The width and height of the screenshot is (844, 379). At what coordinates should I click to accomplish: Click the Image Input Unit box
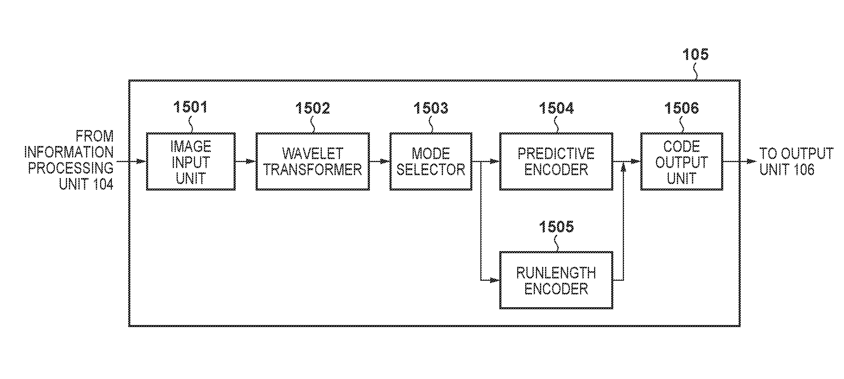(x=191, y=161)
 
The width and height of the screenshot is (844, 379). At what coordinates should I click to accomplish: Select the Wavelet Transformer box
(x=313, y=161)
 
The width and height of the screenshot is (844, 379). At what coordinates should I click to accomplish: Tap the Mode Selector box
(x=430, y=161)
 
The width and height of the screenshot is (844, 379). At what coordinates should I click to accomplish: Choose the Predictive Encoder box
(x=556, y=161)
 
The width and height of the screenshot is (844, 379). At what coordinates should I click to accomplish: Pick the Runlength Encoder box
(x=556, y=280)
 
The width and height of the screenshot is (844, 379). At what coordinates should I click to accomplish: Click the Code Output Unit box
(x=682, y=161)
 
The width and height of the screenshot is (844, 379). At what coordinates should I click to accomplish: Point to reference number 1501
(x=190, y=107)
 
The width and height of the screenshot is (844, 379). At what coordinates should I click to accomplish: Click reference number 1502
(x=312, y=108)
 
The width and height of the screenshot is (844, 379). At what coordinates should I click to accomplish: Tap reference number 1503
(x=430, y=108)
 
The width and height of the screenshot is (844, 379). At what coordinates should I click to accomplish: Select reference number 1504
(x=556, y=108)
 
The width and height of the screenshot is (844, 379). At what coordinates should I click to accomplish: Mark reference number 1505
(x=556, y=227)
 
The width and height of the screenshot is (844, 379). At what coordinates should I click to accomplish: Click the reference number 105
(x=695, y=54)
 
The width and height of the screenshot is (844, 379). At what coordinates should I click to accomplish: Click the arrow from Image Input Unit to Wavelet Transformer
(x=246, y=161)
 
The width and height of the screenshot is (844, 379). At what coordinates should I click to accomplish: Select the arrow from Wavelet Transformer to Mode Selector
(x=379, y=161)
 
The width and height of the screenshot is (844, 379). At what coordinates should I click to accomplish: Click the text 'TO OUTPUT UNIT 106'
(x=796, y=161)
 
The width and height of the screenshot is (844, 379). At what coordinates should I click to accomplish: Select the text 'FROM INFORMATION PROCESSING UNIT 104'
(x=69, y=160)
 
